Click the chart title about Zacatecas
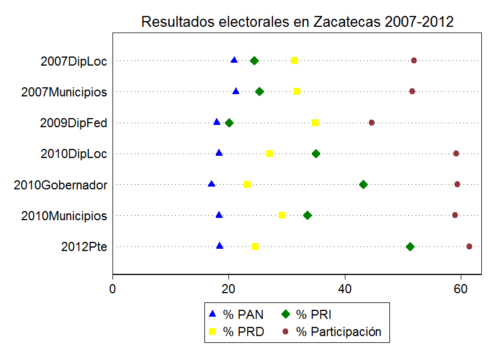[x=297, y=22]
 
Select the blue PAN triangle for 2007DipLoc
[x=234, y=60]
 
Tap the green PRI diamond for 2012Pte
[x=410, y=246]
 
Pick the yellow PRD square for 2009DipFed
[x=315, y=123]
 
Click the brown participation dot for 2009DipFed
[x=372, y=123]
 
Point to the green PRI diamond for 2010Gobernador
[x=363, y=184]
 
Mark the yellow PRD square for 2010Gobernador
[x=247, y=184]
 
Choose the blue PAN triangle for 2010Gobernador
[x=212, y=184]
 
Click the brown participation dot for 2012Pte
[x=469, y=246]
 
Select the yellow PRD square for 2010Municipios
[x=282, y=215]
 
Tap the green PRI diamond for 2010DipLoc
[x=316, y=153]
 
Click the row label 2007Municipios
[x=64, y=92]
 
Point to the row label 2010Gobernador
[x=61, y=185]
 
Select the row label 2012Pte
[x=84, y=247]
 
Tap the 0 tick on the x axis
[x=113, y=288]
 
